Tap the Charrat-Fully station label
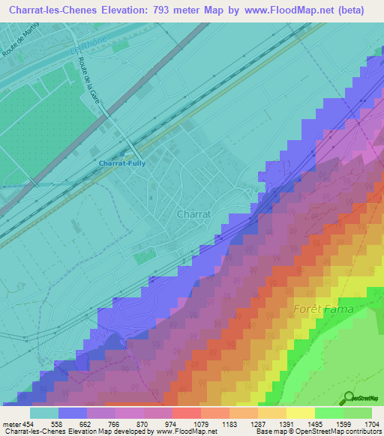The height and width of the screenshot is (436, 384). tap(121, 163)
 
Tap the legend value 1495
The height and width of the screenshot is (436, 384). tap(329, 423)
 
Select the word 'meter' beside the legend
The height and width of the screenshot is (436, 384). tap(10, 423)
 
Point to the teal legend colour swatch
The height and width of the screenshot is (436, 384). tap(44, 413)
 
